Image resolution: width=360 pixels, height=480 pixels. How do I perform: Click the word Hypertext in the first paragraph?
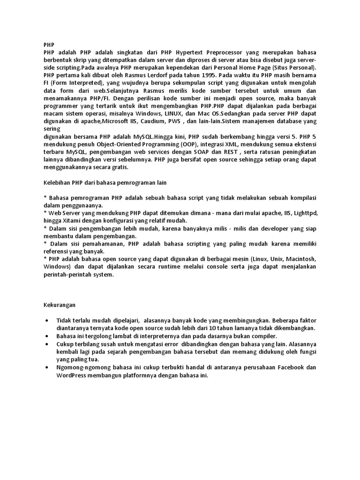[193, 53]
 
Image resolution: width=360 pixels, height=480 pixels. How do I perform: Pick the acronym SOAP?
[202, 152]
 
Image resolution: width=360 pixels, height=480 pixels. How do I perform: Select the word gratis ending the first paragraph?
[117, 167]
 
